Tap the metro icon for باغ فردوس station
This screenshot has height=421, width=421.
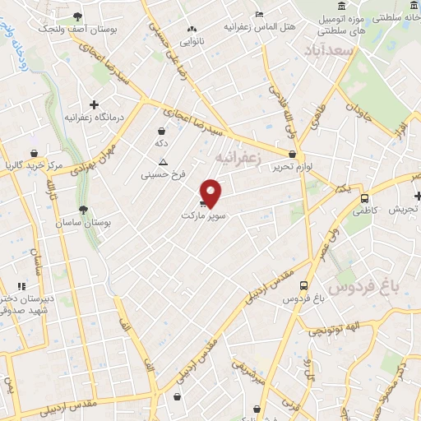304,285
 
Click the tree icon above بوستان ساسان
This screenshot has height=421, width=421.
82,210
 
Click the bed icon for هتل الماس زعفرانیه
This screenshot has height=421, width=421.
259,14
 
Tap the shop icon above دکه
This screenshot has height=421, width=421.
162,130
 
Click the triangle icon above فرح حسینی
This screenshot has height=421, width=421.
163,161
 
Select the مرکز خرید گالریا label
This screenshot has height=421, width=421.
33,165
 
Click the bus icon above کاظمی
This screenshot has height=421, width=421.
365,197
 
